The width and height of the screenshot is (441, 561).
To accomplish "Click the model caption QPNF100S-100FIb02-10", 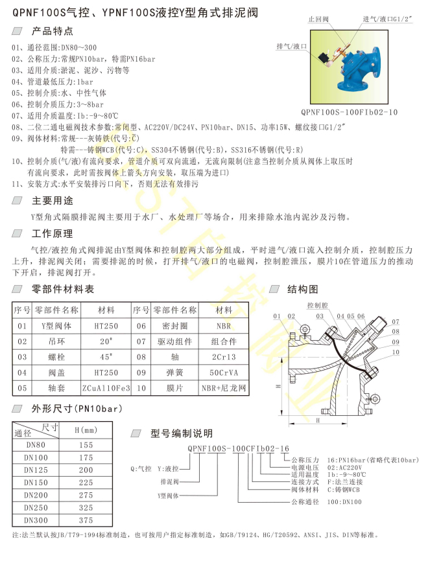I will point(355,111).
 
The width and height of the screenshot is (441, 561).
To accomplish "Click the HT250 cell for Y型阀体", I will point(106,326).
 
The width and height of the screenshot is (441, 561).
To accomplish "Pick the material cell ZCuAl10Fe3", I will point(106,388).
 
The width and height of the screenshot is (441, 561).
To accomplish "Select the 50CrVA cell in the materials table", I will point(224,372).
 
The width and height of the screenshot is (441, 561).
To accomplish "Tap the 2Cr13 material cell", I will point(224,357).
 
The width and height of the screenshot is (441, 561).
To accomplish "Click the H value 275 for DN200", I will point(86,494).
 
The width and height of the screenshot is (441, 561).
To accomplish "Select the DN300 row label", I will point(36,520).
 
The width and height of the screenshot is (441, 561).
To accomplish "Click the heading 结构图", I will point(303,289).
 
